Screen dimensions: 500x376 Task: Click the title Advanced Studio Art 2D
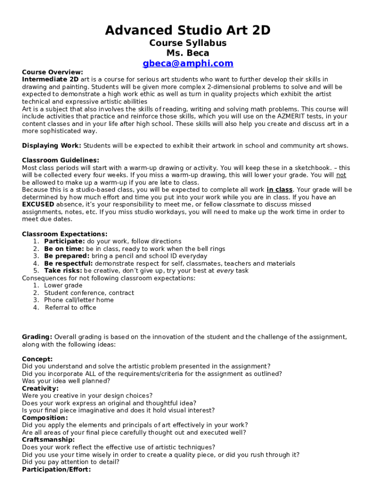(x=188, y=31)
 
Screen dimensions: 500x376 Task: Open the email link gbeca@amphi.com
(x=188, y=63)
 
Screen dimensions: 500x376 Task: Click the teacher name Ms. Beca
(x=188, y=53)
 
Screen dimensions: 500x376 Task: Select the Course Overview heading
(x=52, y=72)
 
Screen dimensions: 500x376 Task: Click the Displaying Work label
(x=51, y=146)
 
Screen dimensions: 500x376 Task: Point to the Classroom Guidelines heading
(x=61, y=160)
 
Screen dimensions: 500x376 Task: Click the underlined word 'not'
(x=341, y=175)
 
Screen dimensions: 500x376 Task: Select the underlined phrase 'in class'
(x=279, y=189)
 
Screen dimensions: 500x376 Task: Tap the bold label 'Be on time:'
(x=64, y=249)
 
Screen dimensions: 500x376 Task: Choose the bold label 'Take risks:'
(x=63, y=271)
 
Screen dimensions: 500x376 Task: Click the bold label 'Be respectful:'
(x=68, y=263)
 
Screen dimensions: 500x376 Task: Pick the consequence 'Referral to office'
(x=70, y=308)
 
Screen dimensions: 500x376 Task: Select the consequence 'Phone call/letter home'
(x=79, y=300)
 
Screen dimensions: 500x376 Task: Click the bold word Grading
(x=37, y=337)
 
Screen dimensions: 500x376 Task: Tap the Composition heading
(x=45, y=418)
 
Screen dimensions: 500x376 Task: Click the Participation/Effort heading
(x=56, y=469)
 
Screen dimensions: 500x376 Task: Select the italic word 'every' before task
(x=225, y=271)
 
